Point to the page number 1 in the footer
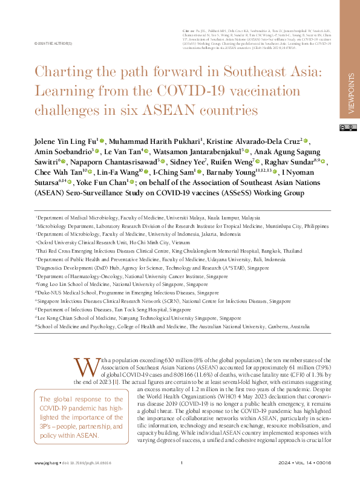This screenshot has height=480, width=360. click(182, 463)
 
